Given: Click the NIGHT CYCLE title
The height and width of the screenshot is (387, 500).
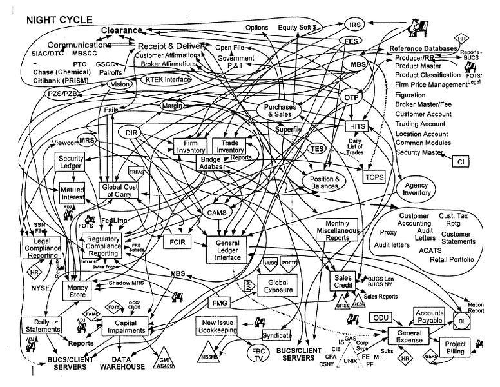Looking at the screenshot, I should tap(59, 20).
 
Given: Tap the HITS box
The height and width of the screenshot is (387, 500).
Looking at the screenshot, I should tap(356, 126).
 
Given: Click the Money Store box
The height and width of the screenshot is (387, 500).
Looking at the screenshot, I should tap(78, 290).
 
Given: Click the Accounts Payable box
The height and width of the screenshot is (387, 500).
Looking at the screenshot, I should tap(428, 315).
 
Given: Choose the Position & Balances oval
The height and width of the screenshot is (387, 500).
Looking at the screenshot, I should tap(325, 183).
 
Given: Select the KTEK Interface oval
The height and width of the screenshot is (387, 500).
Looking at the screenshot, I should tap(166, 80).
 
